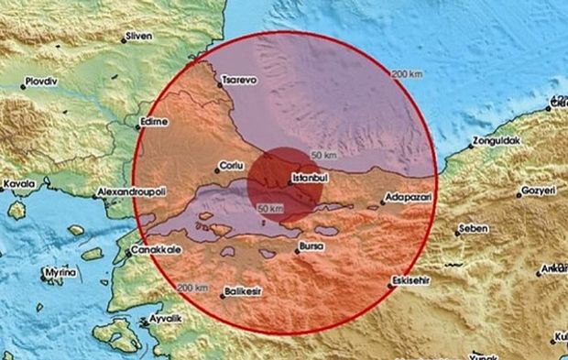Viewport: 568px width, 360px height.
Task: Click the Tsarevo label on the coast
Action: [242, 81]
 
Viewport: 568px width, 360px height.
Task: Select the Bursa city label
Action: [311, 247]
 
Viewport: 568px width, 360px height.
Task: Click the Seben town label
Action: [474, 228]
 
